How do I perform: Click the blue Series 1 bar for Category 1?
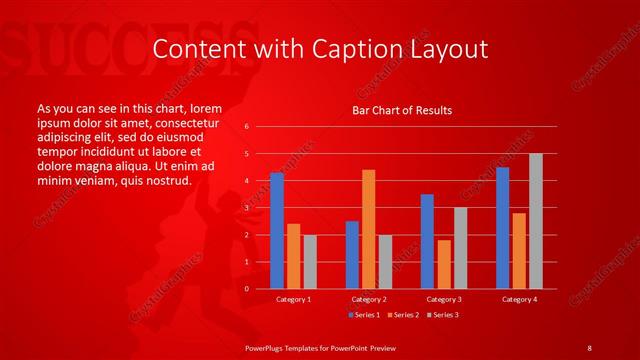coord(277,231)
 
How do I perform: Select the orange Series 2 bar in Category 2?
coord(369,229)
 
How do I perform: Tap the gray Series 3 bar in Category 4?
coord(536,221)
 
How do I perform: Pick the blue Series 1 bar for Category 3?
coord(427,241)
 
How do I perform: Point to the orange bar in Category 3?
coord(444,264)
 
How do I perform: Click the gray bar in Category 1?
coord(310,261)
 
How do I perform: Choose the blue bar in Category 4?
coord(502,228)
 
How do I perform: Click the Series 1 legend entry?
coord(363,315)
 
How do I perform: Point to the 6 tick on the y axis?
coord(247,127)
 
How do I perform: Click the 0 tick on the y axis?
coord(247,289)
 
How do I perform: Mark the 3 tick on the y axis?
coord(247,208)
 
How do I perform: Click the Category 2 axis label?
coord(368,299)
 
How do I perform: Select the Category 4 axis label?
coord(519,299)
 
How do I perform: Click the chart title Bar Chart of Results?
coord(402,110)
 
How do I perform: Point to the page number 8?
coord(589,347)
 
